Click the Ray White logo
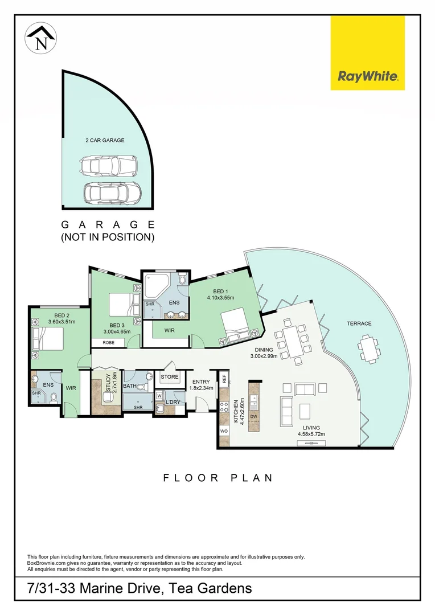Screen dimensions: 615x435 pyautogui.click(x=368, y=53)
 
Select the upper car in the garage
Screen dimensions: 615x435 pyautogui.click(x=109, y=166)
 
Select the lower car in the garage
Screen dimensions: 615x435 pyautogui.click(x=112, y=194)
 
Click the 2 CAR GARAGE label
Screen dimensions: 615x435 pyautogui.click(x=104, y=140)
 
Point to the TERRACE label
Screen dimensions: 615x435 pyautogui.click(x=359, y=323)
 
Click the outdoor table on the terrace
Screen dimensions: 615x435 pyautogui.click(x=369, y=347)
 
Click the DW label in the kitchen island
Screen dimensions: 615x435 pyautogui.click(x=254, y=417)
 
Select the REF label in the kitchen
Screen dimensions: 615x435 pyautogui.click(x=224, y=378)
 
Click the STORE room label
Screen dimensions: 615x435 pyautogui.click(x=170, y=377)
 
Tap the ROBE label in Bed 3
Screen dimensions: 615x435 pyautogui.click(x=109, y=343)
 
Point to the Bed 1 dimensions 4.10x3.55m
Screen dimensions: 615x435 pyautogui.click(x=220, y=297)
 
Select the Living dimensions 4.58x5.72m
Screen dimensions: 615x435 pyautogui.click(x=311, y=434)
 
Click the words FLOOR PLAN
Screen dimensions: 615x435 pyautogui.click(x=218, y=478)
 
